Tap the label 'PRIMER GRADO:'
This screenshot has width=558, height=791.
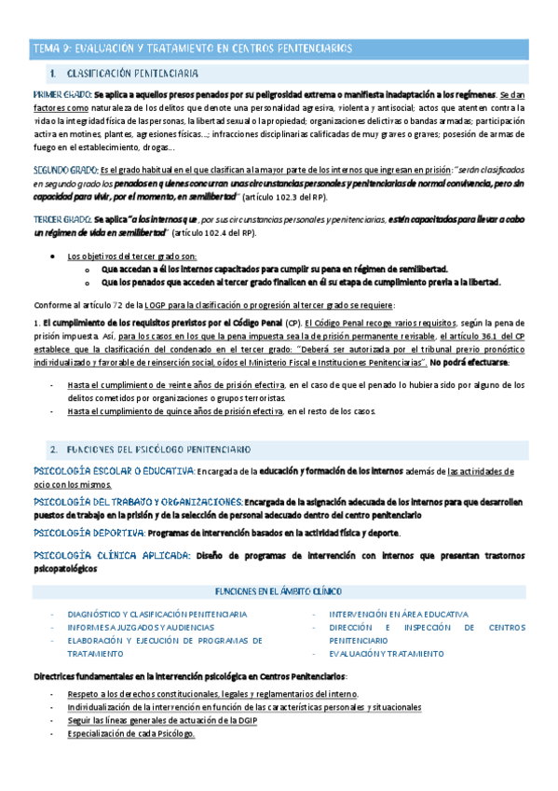tap(62, 95)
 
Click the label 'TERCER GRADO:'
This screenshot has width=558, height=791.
tap(62, 218)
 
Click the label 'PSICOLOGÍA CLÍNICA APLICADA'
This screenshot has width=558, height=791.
tap(108, 555)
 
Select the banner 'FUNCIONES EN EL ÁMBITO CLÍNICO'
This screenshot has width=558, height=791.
tap(279, 591)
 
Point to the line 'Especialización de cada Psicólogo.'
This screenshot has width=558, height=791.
tap(130, 734)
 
